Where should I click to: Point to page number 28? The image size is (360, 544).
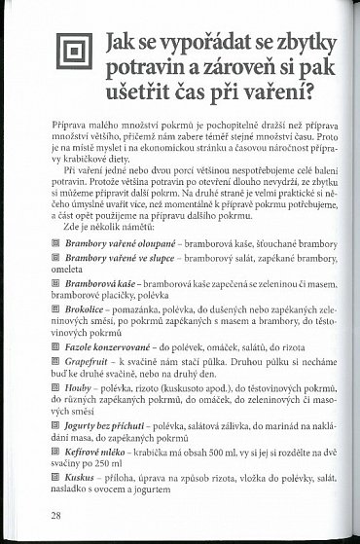point(35,512)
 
